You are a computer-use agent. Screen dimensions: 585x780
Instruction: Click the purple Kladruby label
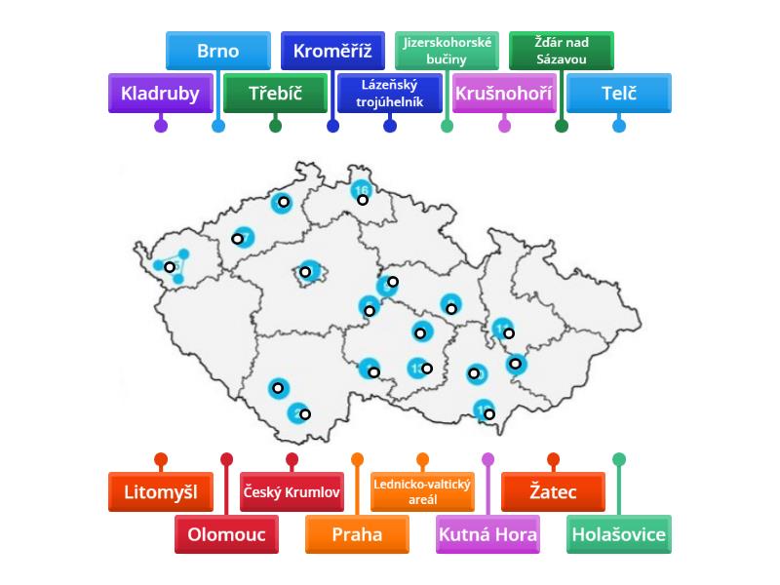pos(160,94)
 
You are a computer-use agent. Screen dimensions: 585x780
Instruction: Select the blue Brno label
pos(217,51)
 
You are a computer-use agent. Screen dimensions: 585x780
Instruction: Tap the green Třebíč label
pos(275,94)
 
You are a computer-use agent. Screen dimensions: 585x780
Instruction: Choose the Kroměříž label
pos(332,51)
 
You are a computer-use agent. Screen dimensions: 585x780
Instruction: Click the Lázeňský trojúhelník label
pos(390,94)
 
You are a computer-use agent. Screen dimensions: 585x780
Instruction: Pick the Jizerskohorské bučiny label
pos(448,51)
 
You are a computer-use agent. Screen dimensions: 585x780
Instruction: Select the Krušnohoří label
pos(504,94)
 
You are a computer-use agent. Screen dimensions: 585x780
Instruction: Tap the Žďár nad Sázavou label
pos(562,51)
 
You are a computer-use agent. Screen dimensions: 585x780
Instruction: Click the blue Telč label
pos(619,94)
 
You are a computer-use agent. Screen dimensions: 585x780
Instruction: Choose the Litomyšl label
pos(161,492)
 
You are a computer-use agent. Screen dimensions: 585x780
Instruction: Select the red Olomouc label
pos(226,534)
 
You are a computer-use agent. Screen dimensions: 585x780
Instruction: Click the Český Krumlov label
pos(292,492)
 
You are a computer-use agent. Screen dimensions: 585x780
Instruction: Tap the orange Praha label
pos(357,534)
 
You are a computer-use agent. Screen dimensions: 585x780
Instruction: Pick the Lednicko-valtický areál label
pos(422,492)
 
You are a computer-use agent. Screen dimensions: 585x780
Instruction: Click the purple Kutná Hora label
pos(487,534)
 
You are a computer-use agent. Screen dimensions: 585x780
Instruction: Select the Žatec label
pos(553,492)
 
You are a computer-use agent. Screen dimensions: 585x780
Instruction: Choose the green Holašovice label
pos(618,534)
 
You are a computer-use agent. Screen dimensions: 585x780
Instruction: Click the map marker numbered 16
pos(362,192)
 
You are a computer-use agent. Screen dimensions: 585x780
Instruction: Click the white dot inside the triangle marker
pos(170,266)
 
